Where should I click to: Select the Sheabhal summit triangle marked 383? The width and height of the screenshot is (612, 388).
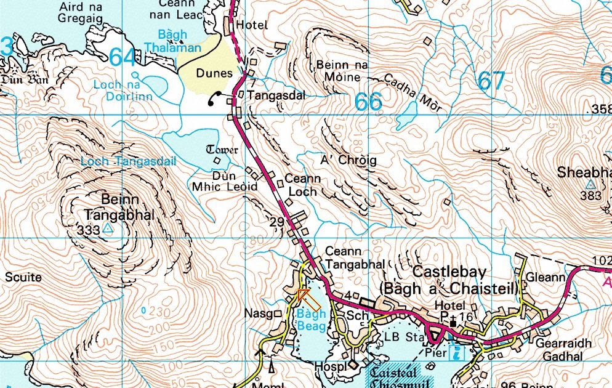pyautogui.click(x=590, y=184)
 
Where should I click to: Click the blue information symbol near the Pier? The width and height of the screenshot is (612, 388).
pyautogui.click(x=457, y=353)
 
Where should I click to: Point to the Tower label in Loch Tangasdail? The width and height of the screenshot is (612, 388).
pyautogui.click(x=222, y=150)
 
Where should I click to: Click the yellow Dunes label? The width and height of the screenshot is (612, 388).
pyautogui.click(x=214, y=73)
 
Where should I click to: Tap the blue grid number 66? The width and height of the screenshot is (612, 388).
pyautogui.click(x=368, y=102)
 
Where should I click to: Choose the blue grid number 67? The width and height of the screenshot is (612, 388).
pyautogui.click(x=491, y=81)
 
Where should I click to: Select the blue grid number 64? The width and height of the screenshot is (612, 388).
pyautogui.click(x=123, y=57)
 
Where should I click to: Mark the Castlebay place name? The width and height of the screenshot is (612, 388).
pyautogui.click(x=449, y=272)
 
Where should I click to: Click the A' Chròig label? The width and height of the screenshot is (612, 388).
pyautogui.click(x=348, y=160)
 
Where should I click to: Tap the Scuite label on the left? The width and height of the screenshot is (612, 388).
pyautogui.click(x=23, y=278)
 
